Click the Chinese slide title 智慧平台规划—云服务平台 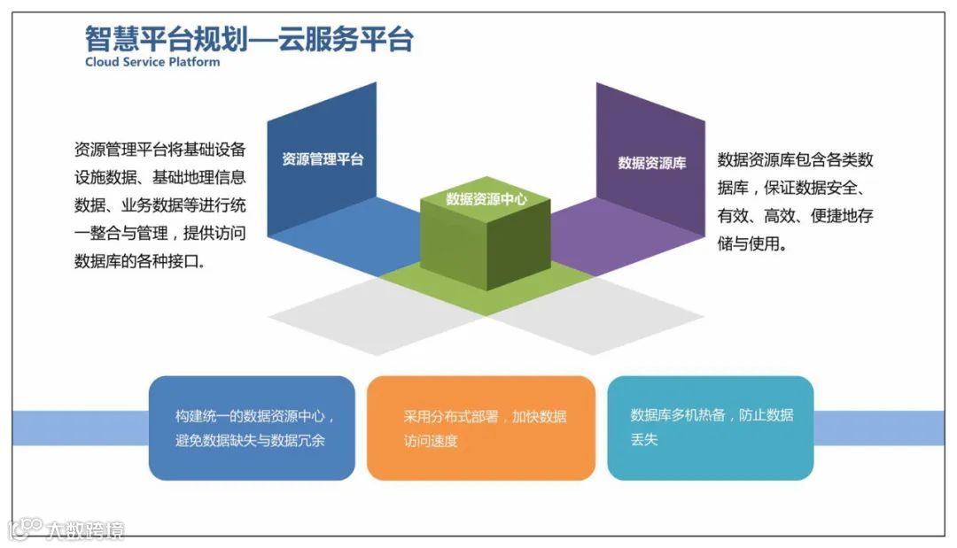(249, 39)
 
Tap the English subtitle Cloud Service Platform (152, 63)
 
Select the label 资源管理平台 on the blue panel (323, 159)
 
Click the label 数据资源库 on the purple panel (651, 163)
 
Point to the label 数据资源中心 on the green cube (486, 199)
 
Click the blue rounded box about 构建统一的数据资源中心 (252, 428)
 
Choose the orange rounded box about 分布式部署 (480, 428)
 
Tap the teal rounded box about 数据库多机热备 (710, 428)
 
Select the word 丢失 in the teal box (644, 439)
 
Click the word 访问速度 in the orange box (431, 441)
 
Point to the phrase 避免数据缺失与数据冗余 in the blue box (250, 440)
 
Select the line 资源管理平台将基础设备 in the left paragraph (160, 148)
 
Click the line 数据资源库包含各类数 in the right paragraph (795, 159)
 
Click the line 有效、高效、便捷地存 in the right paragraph (795, 215)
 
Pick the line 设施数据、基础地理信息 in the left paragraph (160, 176)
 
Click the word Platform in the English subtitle (195, 63)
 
